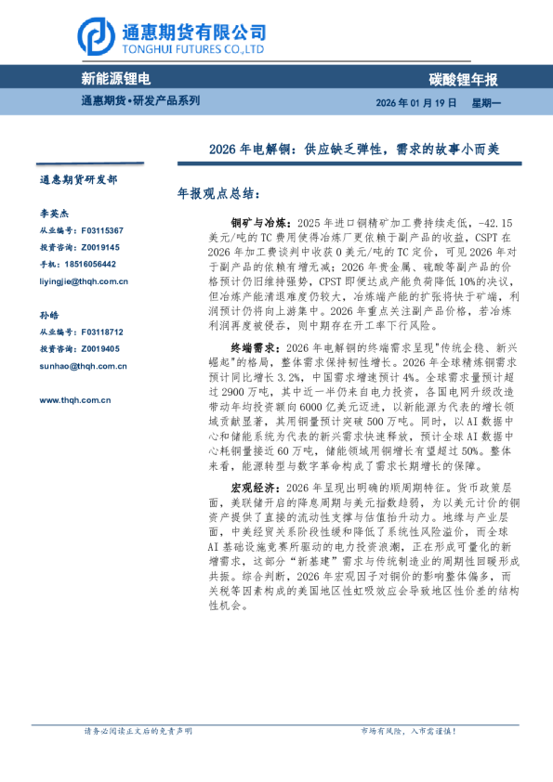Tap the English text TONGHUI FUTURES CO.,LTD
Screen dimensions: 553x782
pos(193,50)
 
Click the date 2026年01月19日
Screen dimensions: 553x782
pos(416,102)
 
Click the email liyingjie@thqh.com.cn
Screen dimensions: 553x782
pos(84,280)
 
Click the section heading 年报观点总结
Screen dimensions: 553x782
pos(218,196)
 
